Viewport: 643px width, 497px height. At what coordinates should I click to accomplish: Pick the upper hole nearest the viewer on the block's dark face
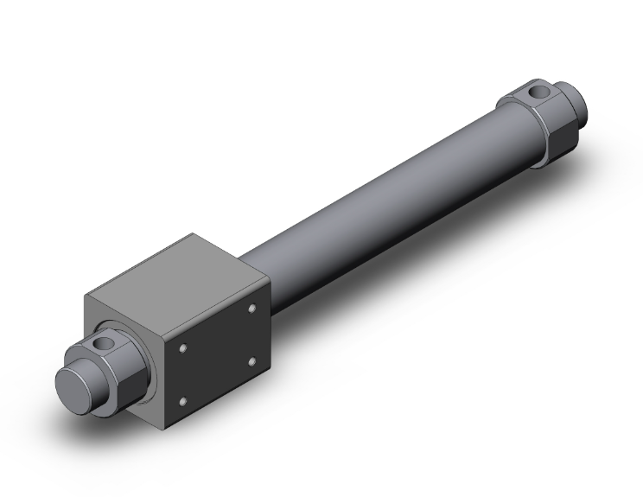click(184, 348)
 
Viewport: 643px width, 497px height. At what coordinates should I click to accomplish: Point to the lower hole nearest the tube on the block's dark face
click(251, 360)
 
